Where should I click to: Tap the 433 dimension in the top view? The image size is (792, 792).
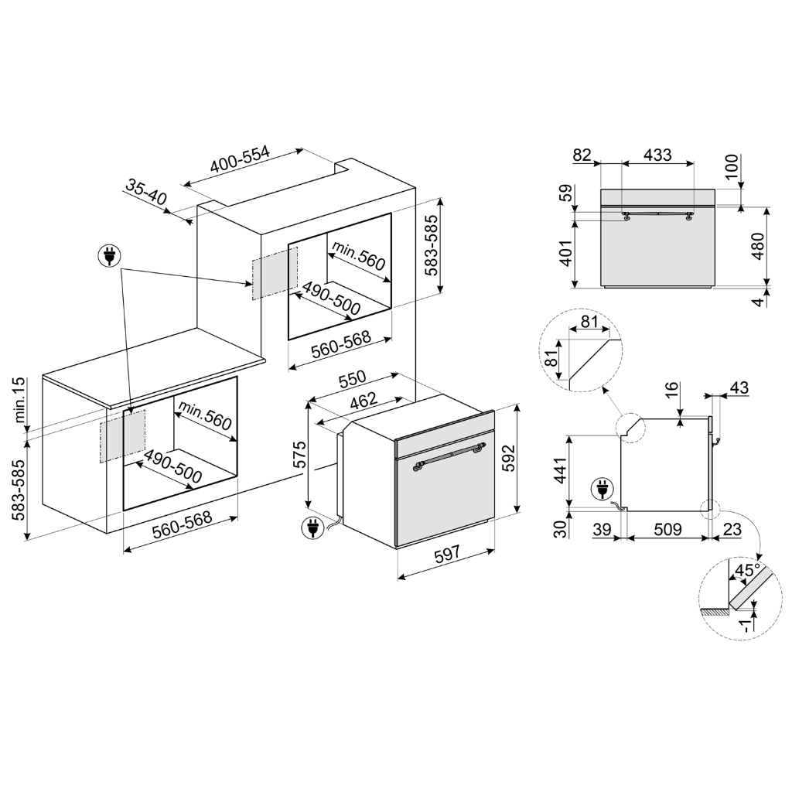tap(657, 155)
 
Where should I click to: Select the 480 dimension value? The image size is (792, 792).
tap(758, 246)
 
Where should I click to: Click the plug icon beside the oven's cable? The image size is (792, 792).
tap(312, 527)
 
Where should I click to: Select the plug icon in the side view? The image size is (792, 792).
tap(600, 489)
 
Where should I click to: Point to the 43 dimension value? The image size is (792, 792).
tap(739, 388)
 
